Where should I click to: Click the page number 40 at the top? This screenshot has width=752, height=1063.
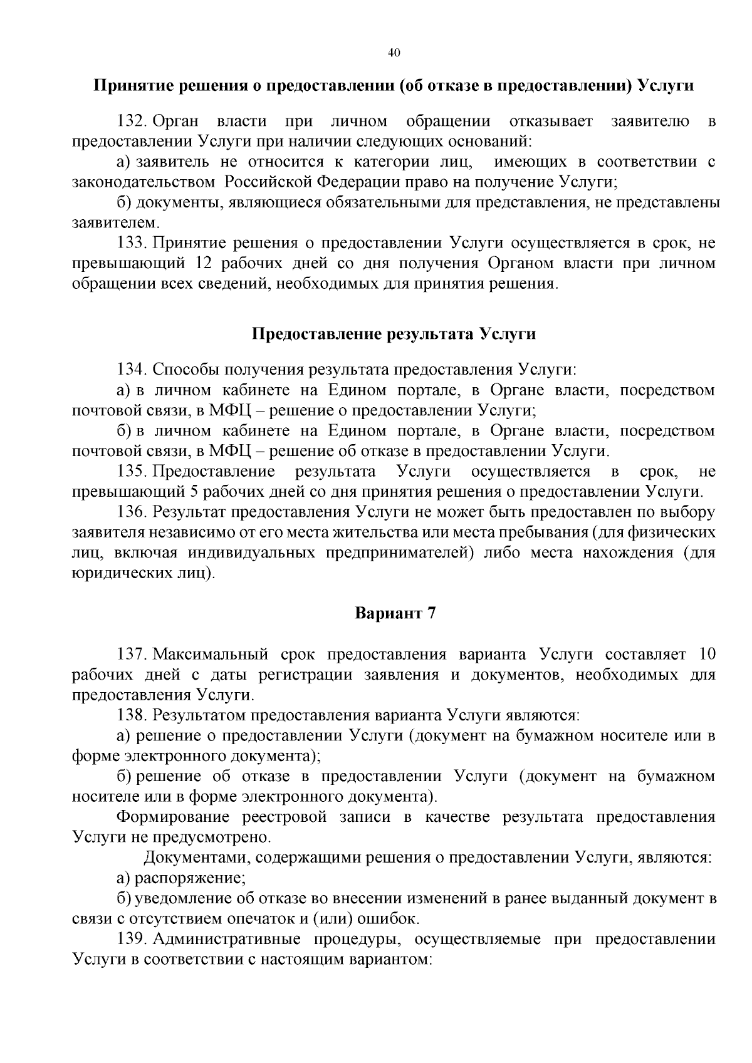pos(394,53)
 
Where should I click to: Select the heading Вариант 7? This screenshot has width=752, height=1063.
pos(395,613)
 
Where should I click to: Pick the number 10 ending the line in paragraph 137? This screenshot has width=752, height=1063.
pos(706,655)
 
